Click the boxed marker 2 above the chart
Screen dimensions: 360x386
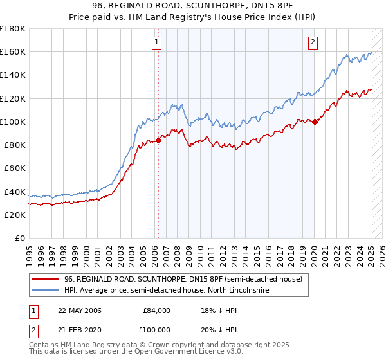(x=313, y=43)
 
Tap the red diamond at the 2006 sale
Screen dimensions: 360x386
(x=158, y=140)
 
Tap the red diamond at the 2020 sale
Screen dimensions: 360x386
(x=315, y=122)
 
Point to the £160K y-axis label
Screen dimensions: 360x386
(x=13, y=52)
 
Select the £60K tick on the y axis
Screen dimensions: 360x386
(x=15, y=168)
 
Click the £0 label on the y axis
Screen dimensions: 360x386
(x=20, y=238)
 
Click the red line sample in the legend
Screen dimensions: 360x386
(x=46, y=280)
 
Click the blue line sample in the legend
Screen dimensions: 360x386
(x=46, y=291)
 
